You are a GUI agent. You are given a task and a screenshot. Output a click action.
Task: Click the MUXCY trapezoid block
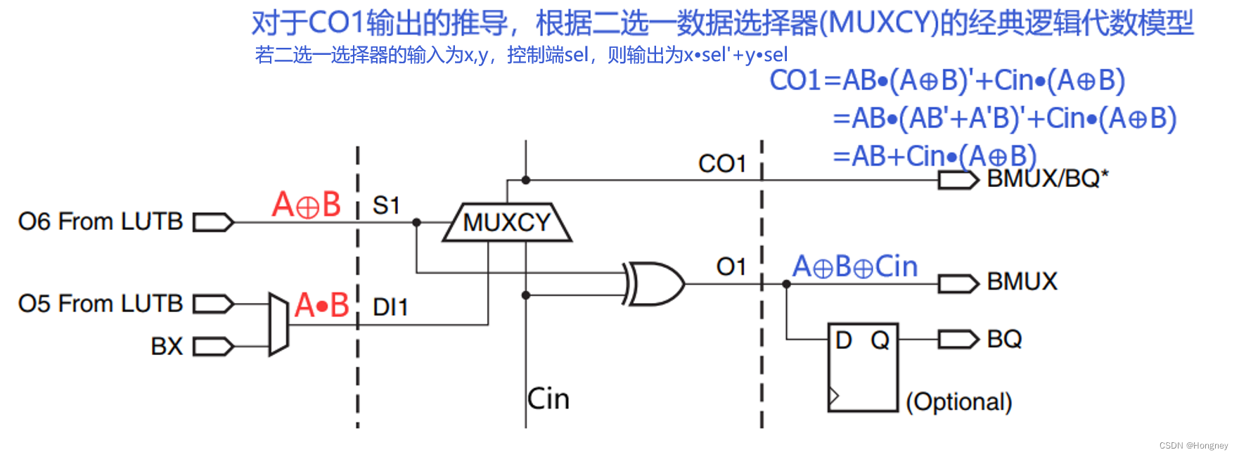pos(506,223)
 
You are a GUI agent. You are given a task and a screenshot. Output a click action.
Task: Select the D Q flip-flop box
pos(863,367)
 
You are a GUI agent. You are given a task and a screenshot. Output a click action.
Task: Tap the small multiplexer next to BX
pos(279,324)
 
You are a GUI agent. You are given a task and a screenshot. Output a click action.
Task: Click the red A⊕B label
pos(306,205)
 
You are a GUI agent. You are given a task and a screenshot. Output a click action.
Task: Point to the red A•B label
pos(322,306)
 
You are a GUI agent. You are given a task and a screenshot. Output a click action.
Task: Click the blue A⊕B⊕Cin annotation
pos(855,267)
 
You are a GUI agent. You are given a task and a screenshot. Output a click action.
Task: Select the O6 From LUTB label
pos(100,222)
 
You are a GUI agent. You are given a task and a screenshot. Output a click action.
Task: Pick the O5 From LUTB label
pos(100,304)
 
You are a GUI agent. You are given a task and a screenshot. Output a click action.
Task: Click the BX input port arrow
pos(213,347)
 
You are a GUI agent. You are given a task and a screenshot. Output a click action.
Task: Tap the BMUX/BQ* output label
pos(1047,179)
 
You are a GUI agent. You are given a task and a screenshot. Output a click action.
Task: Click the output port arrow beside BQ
pos(958,340)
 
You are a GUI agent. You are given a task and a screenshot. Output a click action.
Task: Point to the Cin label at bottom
pos(548,399)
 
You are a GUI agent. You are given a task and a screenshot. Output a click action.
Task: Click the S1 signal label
pos(386,206)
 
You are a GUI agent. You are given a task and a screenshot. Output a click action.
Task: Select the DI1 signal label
pos(390,307)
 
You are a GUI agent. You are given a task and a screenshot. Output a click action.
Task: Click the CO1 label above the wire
pos(721,164)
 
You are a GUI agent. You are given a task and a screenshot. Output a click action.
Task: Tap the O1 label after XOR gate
pos(731,267)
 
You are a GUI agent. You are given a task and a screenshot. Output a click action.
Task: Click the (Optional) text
pos(958,402)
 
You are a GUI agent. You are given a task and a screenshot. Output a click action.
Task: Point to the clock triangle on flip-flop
pos(834,397)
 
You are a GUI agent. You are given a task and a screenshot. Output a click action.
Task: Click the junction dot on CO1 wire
pos(526,181)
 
